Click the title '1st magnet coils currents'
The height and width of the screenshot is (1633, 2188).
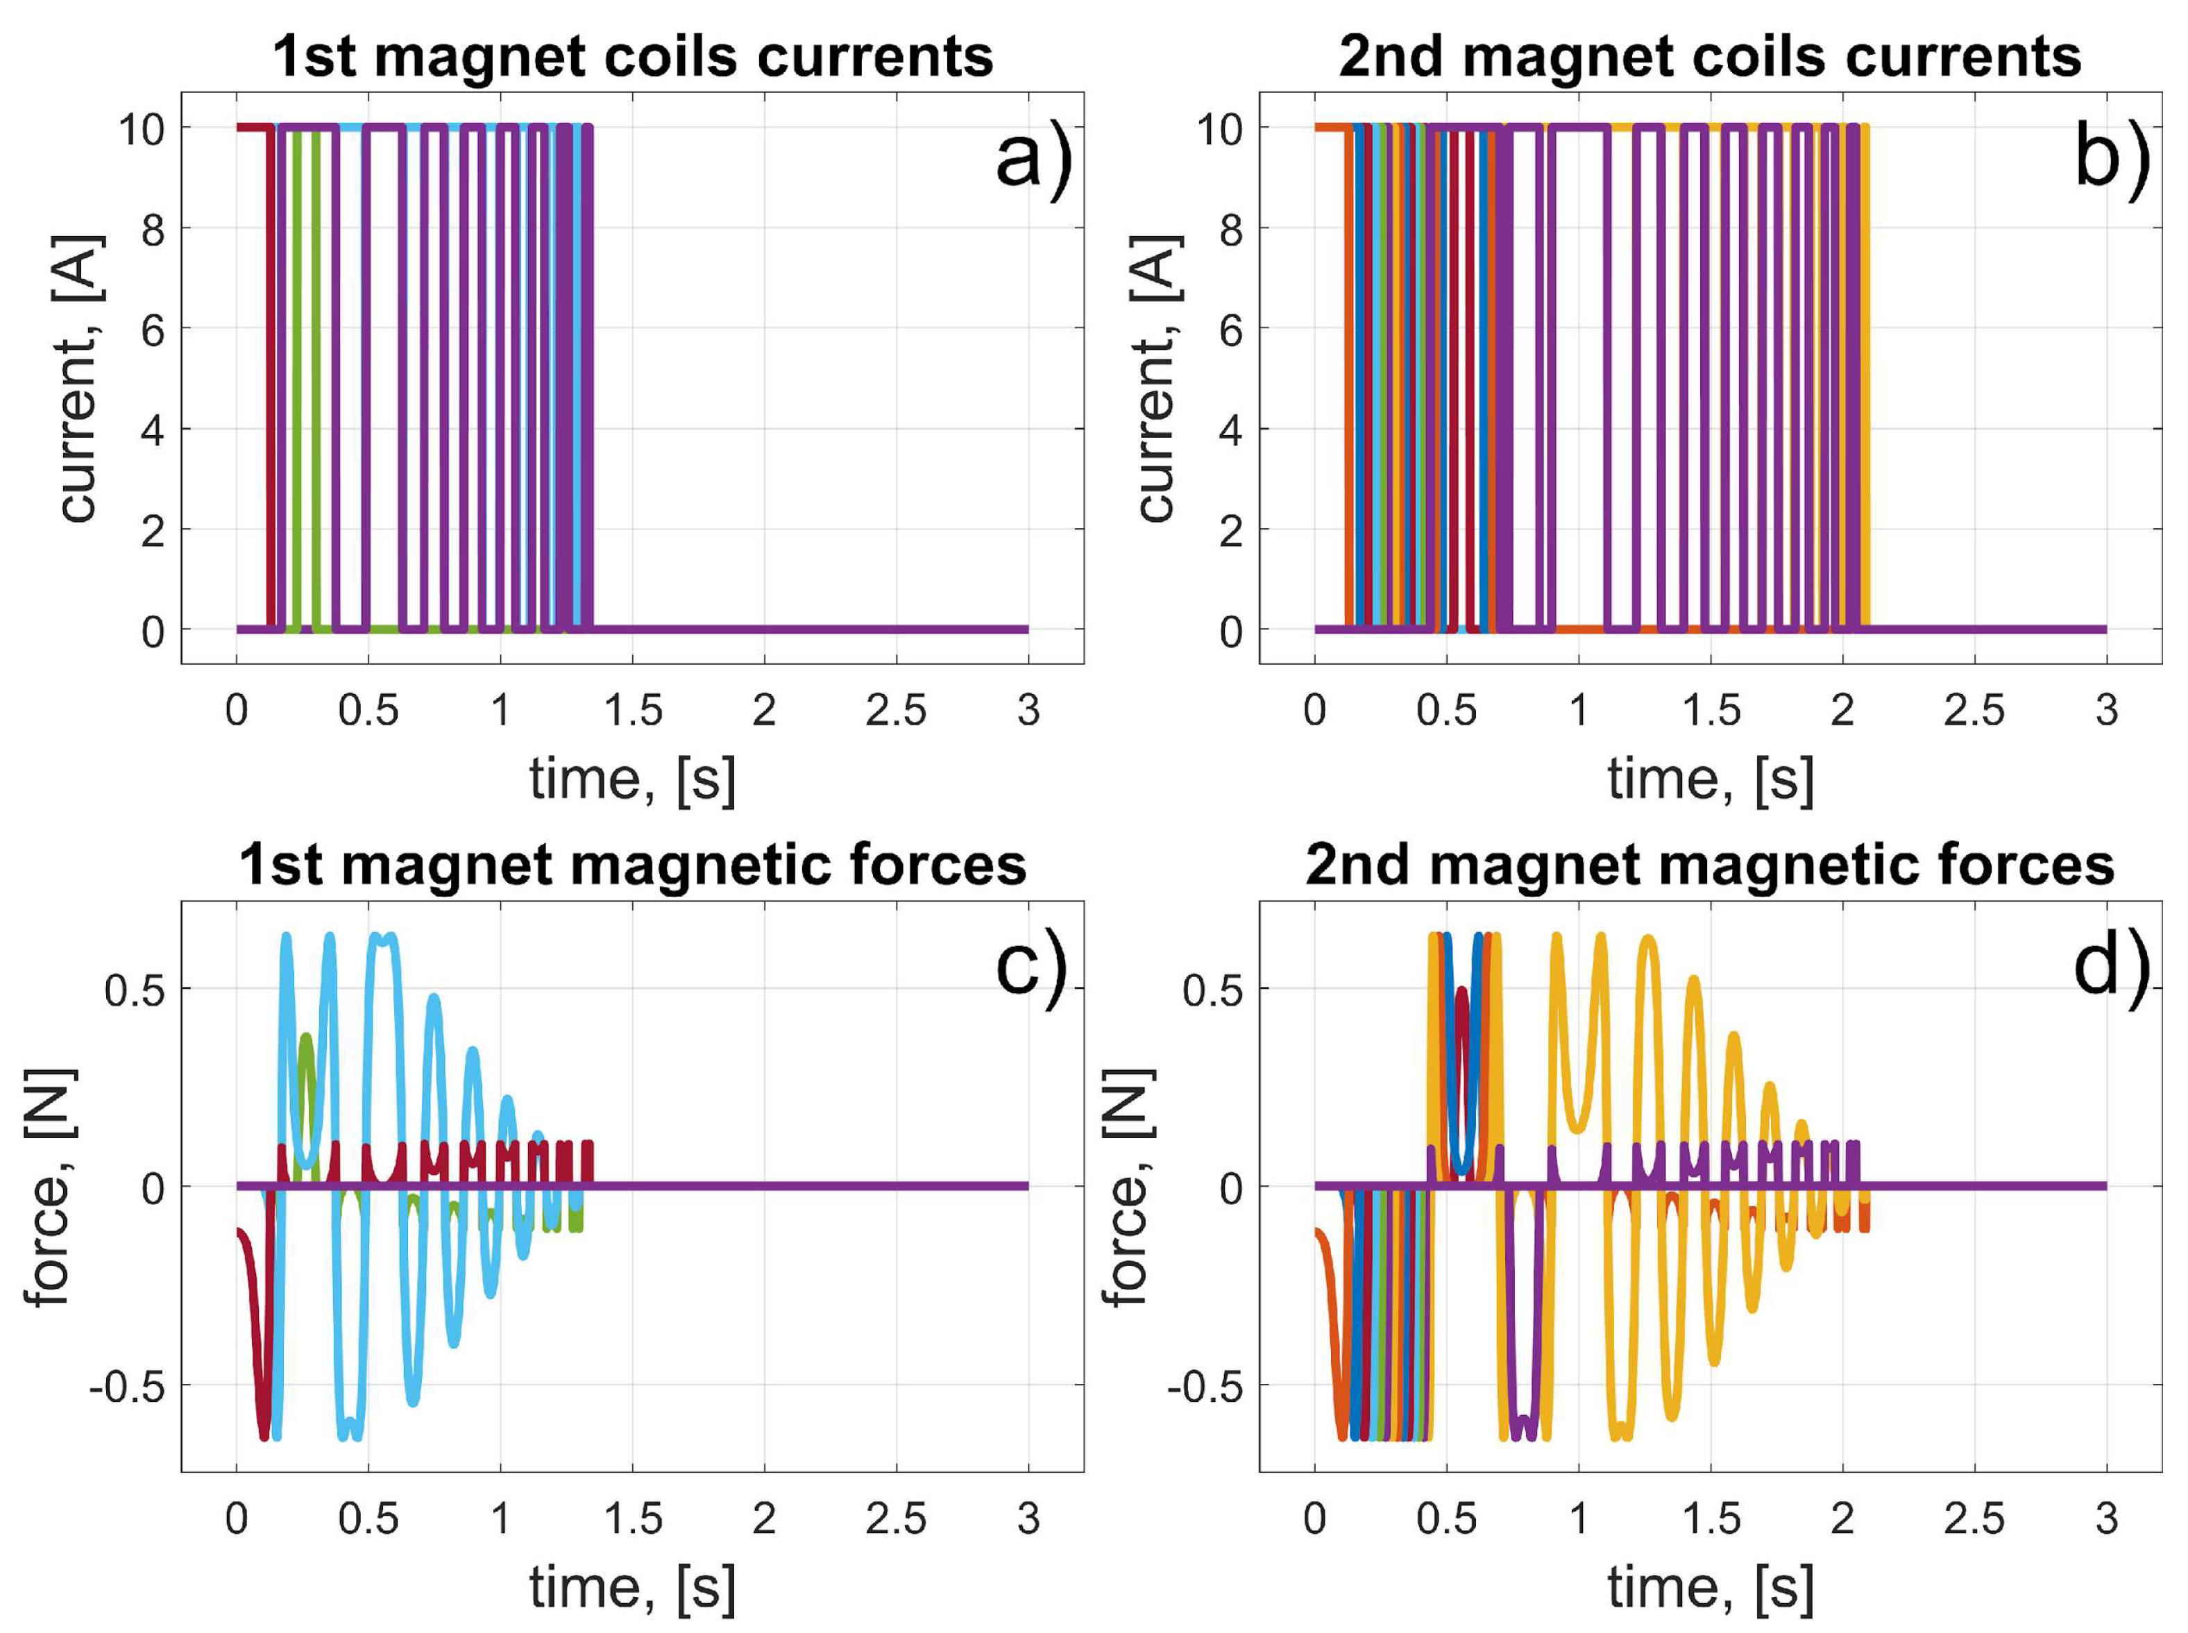632,56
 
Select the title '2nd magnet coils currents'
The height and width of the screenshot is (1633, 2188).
1710,56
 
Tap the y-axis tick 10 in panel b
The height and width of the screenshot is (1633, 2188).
1221,128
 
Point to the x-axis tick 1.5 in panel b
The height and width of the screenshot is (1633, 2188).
1711,710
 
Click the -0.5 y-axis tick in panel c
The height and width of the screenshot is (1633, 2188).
128,1387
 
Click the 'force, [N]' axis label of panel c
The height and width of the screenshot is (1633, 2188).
49,1187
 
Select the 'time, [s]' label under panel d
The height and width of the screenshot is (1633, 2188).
1711,1587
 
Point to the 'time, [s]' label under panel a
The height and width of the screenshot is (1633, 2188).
632,779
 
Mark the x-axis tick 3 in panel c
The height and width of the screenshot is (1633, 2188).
1029,1518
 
